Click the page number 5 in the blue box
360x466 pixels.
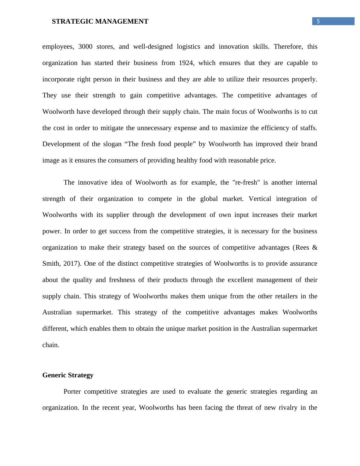click(318, 21)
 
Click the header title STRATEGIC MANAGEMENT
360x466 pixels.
click(100, 21)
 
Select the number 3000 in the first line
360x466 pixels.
click(86, 47)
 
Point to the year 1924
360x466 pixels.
click(186, 63)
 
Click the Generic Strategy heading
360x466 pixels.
click(68, 375)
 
